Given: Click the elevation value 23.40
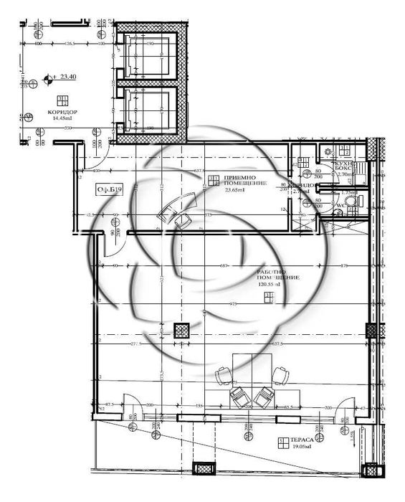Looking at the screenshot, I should pos(70,76).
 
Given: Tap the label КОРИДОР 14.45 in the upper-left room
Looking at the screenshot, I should pos(62,117).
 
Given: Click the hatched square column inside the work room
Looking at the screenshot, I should pos(181,330).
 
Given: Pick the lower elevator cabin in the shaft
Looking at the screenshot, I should pos(148,112).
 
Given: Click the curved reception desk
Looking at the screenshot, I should pos(176,208).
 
